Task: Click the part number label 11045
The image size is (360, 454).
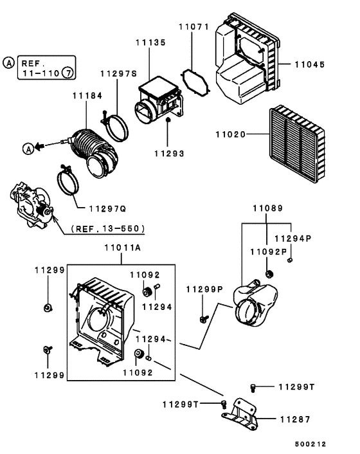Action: [x=310, y=65]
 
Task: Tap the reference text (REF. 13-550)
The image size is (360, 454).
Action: [x=108, y=228]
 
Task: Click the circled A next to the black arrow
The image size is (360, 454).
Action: [x=28, y=149]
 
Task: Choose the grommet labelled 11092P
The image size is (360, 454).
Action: [x=271, y=275]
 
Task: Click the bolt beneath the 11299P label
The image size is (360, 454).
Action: [x=203, y=318]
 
